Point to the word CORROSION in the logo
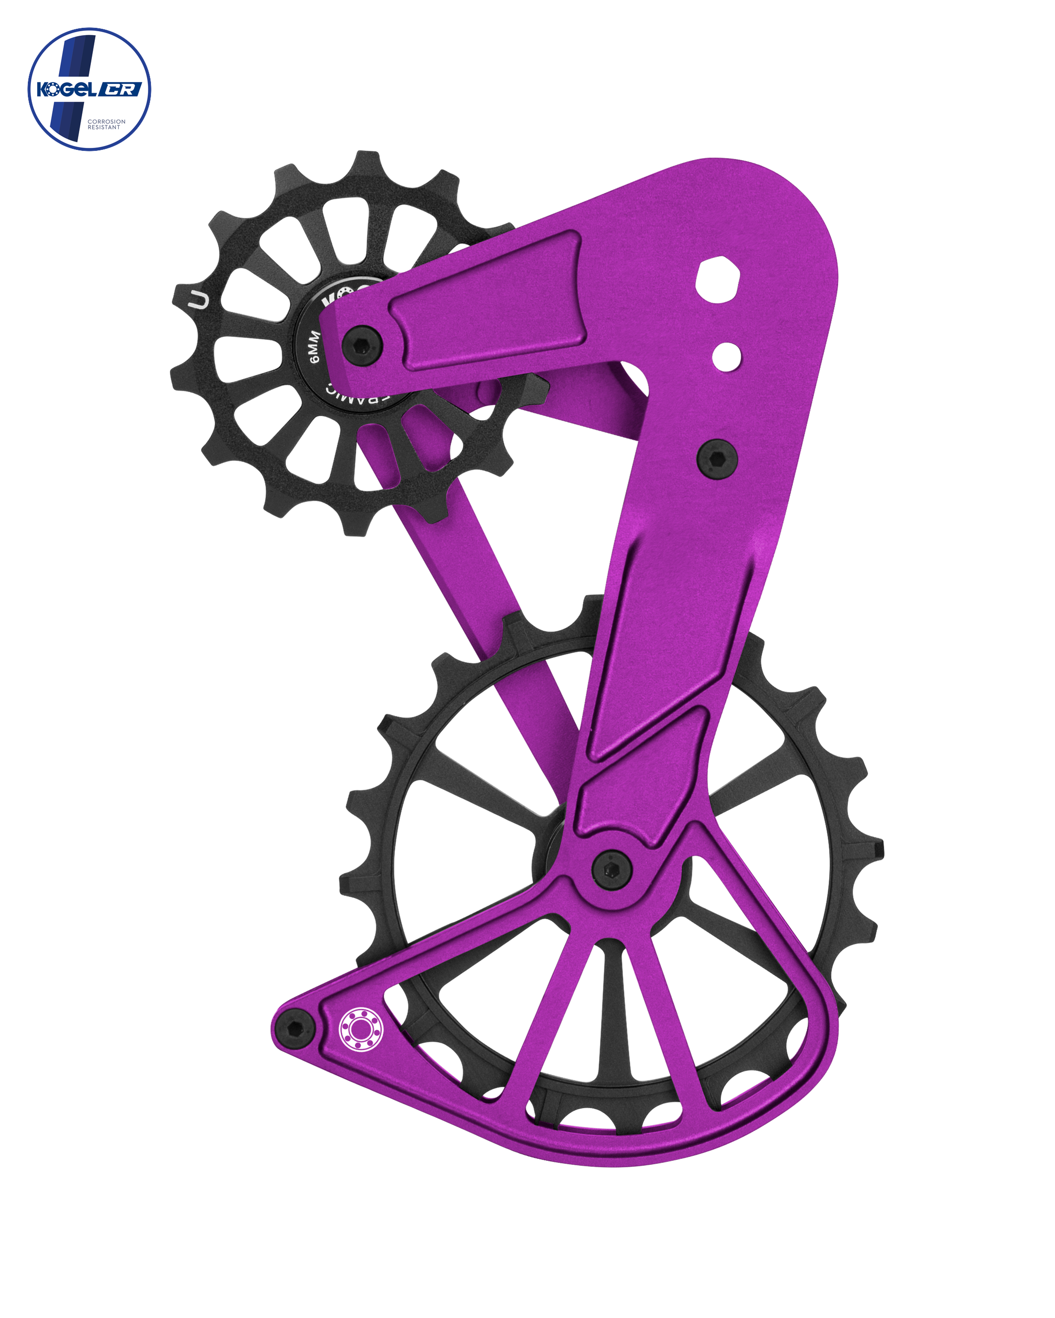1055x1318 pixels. (x=107, y=122)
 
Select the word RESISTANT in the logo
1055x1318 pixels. (x=104, y=128)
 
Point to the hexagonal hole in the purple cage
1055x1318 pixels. (x=719, y=279)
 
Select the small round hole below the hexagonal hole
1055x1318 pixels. (x=727, y=355)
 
